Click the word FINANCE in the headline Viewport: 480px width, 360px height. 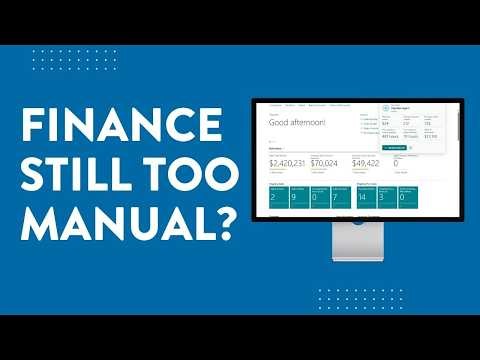pos(123,126)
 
